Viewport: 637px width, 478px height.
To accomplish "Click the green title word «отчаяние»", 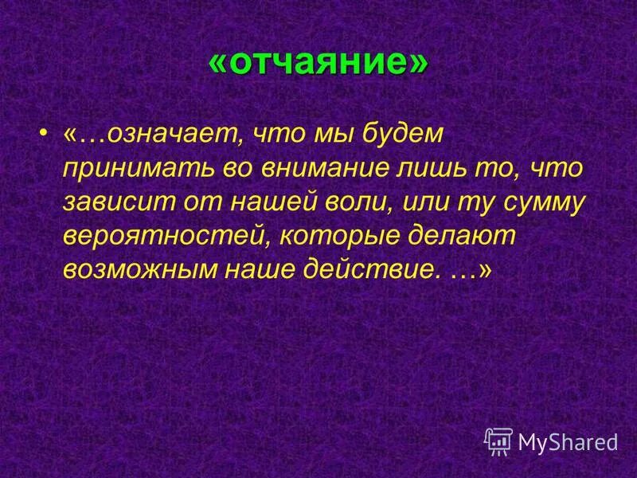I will pyautogui.click(x=318, y=63).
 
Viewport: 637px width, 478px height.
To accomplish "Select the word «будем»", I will pyautogui.click(x=401, y=135).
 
